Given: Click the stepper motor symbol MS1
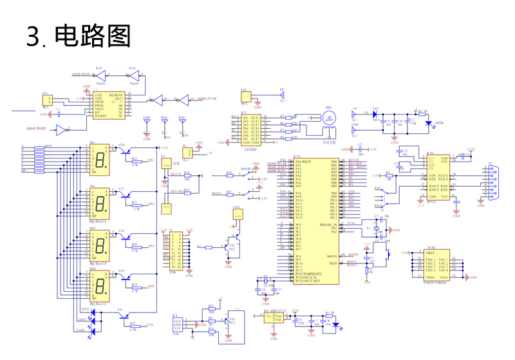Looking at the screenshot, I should [329, 118].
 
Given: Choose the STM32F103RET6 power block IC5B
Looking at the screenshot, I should [433, 264].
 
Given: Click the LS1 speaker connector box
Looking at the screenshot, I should [245, 97].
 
